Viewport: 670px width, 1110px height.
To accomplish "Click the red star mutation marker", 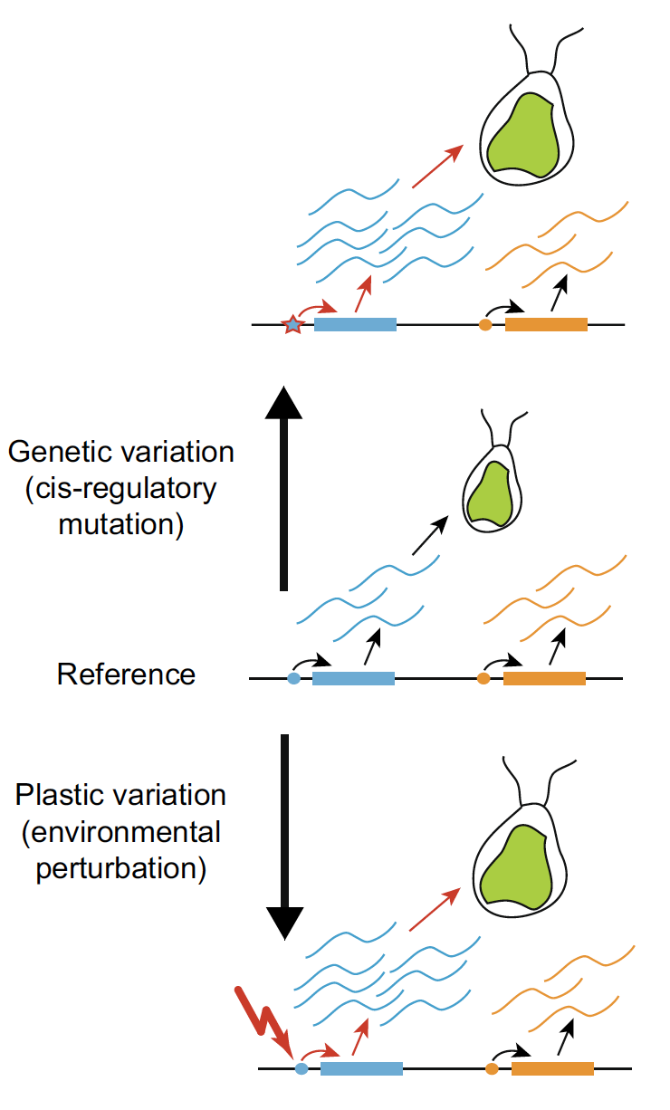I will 292,324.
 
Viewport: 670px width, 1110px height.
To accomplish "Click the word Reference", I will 126,675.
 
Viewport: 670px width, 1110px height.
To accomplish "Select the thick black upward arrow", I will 284,489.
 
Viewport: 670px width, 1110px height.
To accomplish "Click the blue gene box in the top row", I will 355,324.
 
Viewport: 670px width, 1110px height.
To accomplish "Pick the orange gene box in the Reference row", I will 544,677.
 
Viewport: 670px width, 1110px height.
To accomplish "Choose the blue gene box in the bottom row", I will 361,1068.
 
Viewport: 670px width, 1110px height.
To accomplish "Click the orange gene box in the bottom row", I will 552,1068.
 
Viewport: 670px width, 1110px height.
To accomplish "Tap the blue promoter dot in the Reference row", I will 292,677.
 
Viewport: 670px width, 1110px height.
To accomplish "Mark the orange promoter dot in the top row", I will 485,324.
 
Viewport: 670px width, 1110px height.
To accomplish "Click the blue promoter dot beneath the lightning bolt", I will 301,1068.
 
